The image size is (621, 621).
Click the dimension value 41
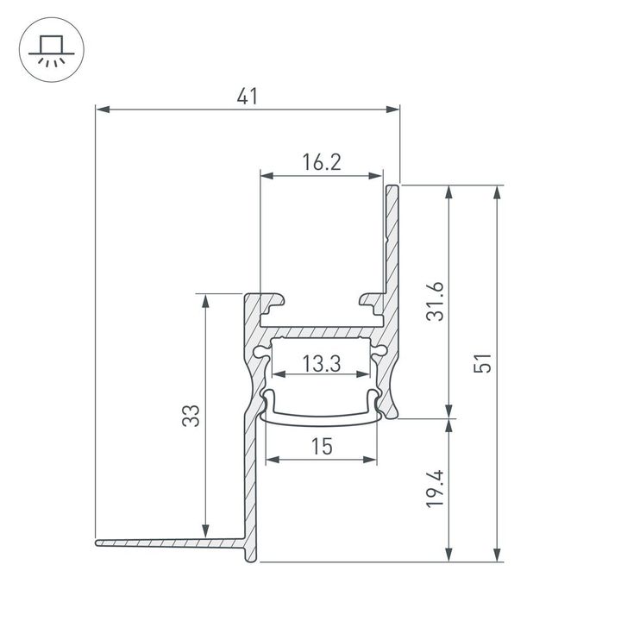point(248,97)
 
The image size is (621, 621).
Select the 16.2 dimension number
point(322,162)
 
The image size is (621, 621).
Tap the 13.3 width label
point(322,364)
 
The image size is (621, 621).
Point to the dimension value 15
point(322,446)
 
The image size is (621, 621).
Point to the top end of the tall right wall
point(393,186)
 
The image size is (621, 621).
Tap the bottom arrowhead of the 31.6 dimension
point(448,412)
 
